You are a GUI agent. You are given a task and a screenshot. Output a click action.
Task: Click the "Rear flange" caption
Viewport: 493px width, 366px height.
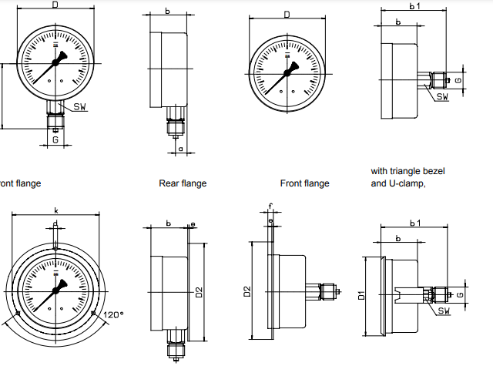183,183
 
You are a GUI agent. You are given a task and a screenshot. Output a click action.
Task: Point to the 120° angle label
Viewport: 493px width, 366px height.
112,315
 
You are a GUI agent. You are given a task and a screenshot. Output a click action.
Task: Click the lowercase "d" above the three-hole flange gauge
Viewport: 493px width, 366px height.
55,225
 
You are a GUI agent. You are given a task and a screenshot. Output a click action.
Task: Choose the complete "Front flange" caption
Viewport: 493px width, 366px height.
304,183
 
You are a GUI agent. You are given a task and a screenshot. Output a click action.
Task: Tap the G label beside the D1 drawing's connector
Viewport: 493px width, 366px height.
460,294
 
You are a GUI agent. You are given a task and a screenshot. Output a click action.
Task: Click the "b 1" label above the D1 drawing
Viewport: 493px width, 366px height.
415,223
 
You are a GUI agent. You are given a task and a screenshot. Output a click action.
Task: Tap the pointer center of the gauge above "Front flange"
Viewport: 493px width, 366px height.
287,73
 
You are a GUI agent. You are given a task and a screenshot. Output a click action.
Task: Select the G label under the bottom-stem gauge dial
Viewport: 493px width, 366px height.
55,139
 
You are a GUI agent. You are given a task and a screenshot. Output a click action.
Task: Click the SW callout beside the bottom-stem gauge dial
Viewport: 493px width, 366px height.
81,106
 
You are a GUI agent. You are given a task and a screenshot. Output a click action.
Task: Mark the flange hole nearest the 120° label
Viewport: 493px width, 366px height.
93,313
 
